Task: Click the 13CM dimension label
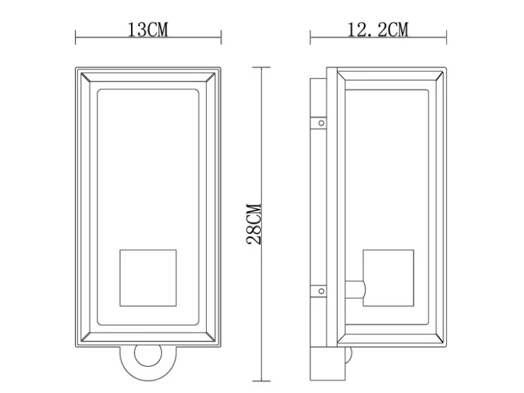click(148, 30)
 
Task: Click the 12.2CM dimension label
click(378, 30)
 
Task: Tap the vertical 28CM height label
click(254, 224)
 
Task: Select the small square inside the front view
click(148, 277)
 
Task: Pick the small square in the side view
click(388, 277)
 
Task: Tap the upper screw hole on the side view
click(321, 123)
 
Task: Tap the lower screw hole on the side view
click(321, 291)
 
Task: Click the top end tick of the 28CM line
click(261, 67)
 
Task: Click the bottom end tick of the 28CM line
click(261, 381)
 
